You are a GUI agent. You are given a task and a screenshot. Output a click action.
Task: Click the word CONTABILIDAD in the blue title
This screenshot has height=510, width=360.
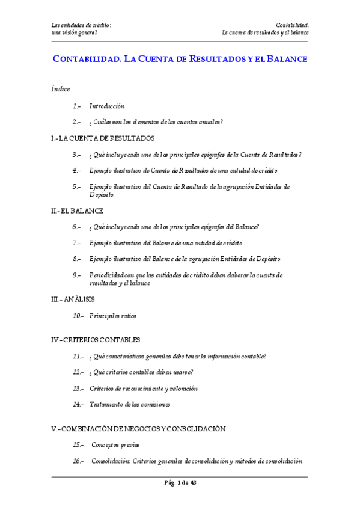[87, 60]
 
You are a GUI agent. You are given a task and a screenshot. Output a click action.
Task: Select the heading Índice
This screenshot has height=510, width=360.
[61, 89]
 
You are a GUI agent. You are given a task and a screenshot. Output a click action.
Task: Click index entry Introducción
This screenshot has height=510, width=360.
[107, 106]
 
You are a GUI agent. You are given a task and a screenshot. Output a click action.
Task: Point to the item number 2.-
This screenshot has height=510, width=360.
[77, 122]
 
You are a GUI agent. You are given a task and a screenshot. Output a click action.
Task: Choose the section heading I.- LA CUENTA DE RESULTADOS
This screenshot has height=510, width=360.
[103, 138]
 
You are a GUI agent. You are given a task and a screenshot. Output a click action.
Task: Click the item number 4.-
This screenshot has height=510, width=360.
[77, 171]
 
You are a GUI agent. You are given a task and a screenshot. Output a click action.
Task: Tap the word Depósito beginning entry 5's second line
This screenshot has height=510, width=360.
[101, 195]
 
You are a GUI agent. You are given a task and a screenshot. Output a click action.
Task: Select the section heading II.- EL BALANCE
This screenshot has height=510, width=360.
[78, 211]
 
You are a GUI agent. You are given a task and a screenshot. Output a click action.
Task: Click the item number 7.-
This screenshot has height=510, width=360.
[77, 243]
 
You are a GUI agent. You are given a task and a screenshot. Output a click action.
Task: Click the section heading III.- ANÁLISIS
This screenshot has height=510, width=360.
[73, 299]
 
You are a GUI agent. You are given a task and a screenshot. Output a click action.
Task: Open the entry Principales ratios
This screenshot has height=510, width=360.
[113, 315]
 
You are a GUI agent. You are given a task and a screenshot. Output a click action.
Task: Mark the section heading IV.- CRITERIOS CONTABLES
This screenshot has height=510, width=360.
[96, 340]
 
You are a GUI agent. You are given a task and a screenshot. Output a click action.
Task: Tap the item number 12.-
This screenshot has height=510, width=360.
[78, 372]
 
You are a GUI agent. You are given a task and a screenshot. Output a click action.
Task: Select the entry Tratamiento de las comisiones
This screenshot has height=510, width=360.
[130, 405]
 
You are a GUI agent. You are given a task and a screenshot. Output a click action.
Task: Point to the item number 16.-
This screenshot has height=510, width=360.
[78, 461]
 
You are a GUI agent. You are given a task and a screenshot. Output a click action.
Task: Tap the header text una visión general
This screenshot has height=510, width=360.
[75, 32]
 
